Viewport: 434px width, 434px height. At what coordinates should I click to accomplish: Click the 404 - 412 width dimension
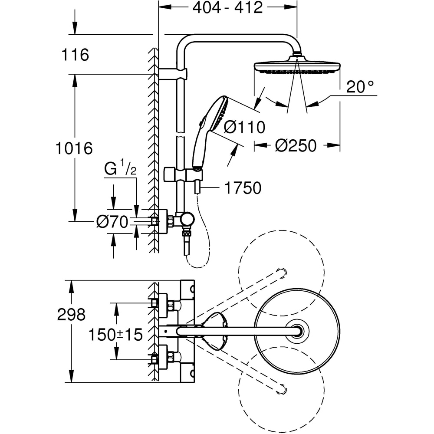tap(227, 7)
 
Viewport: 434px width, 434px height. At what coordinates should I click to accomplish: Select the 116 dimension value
tap(75, 55)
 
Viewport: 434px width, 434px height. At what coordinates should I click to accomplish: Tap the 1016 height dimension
tap(74, 148)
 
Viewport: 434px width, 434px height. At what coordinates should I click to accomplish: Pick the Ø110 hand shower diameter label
tap(244, 127)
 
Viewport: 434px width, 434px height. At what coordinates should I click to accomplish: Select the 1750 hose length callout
tap(243, 188)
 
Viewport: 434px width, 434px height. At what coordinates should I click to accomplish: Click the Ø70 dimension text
tap(112, 222)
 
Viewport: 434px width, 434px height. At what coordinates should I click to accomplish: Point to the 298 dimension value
tap(71, 315)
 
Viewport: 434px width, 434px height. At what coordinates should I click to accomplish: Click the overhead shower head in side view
tap(297, 67)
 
